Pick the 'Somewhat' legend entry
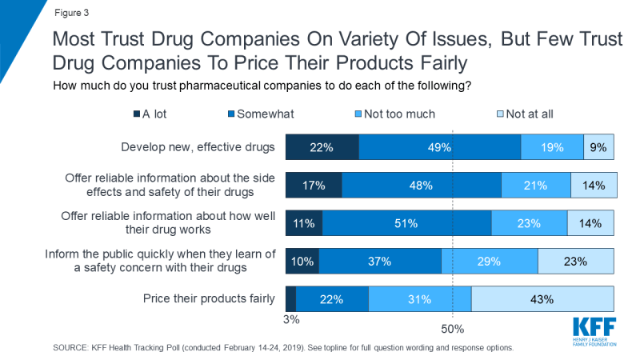click(269, 114)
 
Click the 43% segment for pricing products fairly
click(542, 299)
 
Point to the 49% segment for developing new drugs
click(439, 148)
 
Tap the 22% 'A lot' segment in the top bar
click(322, 148)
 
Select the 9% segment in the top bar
click(599, 148)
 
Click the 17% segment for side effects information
click(314, 185)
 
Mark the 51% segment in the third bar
click(406, 223)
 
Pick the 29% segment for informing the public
click(489, 261)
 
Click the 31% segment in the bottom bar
click(419, 299)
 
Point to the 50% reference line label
click(453, 328)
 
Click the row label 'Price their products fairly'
click(210, 299)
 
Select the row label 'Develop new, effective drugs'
click(198, 148)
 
